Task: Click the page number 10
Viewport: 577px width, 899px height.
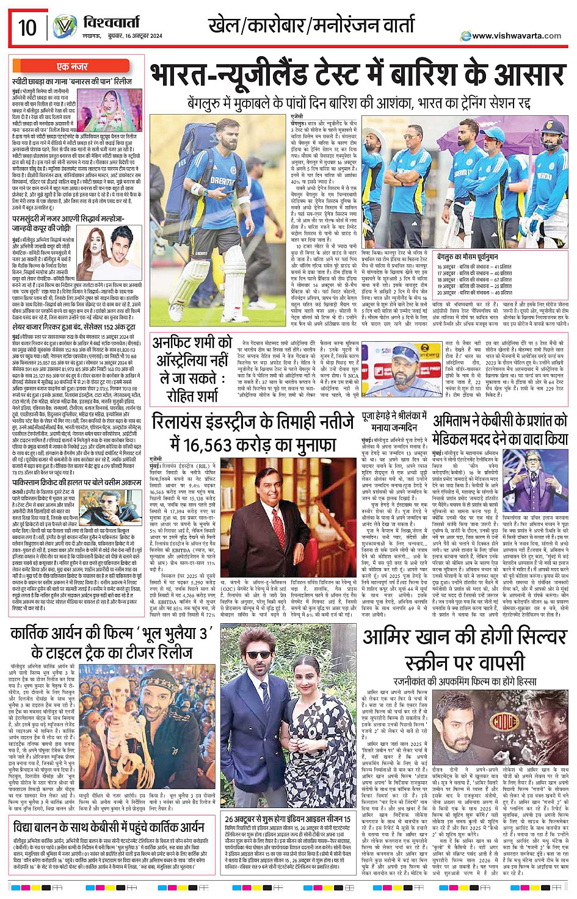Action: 27,27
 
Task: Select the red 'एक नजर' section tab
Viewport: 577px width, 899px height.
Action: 72,67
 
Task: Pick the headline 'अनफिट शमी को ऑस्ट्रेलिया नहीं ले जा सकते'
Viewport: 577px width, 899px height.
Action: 193,369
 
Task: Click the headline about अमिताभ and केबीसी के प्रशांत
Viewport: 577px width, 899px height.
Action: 500,430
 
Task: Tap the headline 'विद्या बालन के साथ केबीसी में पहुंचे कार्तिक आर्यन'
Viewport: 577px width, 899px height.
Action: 109,828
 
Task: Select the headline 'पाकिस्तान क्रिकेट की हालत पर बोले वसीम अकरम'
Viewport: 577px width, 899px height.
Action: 76,482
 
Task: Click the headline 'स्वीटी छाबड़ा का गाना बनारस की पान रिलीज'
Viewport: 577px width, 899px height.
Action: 72,81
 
